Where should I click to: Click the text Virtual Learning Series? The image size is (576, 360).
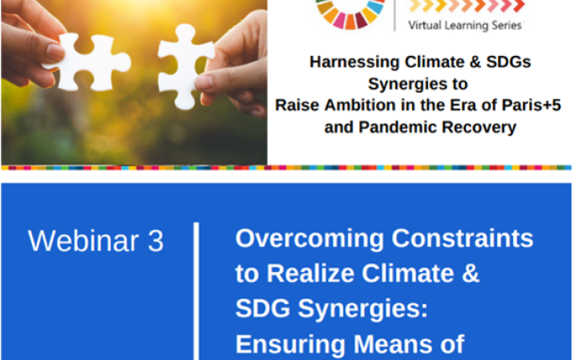pyautogui.click(x=465, y=26)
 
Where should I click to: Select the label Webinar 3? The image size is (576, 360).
pyautogui.click(x=96, y=241)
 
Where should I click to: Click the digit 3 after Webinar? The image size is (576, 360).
pyautogui.click(x=155, y=241)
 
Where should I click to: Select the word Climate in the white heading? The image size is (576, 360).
pyautogui.click(x=415, y=274)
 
